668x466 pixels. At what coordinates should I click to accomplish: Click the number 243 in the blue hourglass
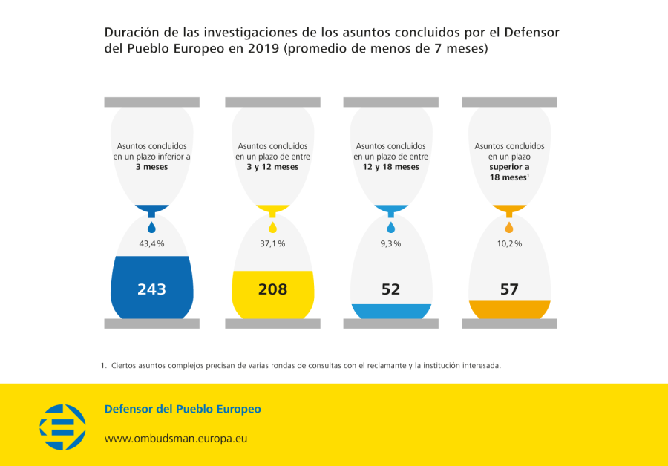[x=151, y=289]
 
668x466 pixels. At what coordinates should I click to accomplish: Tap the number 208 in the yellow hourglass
[x=272, y=289]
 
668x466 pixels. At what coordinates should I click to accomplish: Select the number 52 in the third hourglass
[x=390, y=289]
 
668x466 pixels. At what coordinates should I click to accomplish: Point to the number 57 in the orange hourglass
[x=509, y=289]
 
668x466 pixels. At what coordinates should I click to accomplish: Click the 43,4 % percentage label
[x=151, y=243]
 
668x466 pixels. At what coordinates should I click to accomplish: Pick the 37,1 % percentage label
[x=272, y=243]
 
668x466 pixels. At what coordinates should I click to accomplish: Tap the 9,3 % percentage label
[x=390, y=243]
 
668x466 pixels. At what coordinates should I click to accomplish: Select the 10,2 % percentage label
[x=509, y=243]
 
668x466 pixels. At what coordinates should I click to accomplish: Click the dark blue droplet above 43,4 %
[x=151, y=227]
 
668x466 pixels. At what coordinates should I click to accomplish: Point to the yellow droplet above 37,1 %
[x=272, y=227]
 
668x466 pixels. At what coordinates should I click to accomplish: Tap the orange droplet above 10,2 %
[x=509, y=227]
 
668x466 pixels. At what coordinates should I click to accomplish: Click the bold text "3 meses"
[x=151, y=167]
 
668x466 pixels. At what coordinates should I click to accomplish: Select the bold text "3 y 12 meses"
[x=272, y=167]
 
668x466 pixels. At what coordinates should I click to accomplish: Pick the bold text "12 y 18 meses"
[x=390, y=167]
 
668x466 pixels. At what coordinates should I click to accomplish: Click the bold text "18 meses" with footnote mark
[x=508, y=178]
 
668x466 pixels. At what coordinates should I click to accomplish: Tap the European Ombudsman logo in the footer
[x=62, y=427]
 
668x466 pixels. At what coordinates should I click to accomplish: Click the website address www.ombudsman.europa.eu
[x=175, y=439]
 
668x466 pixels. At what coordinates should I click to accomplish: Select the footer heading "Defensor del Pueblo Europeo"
[x=183, y=409]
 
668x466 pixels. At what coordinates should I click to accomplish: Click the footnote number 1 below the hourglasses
[x=102, y=365]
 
